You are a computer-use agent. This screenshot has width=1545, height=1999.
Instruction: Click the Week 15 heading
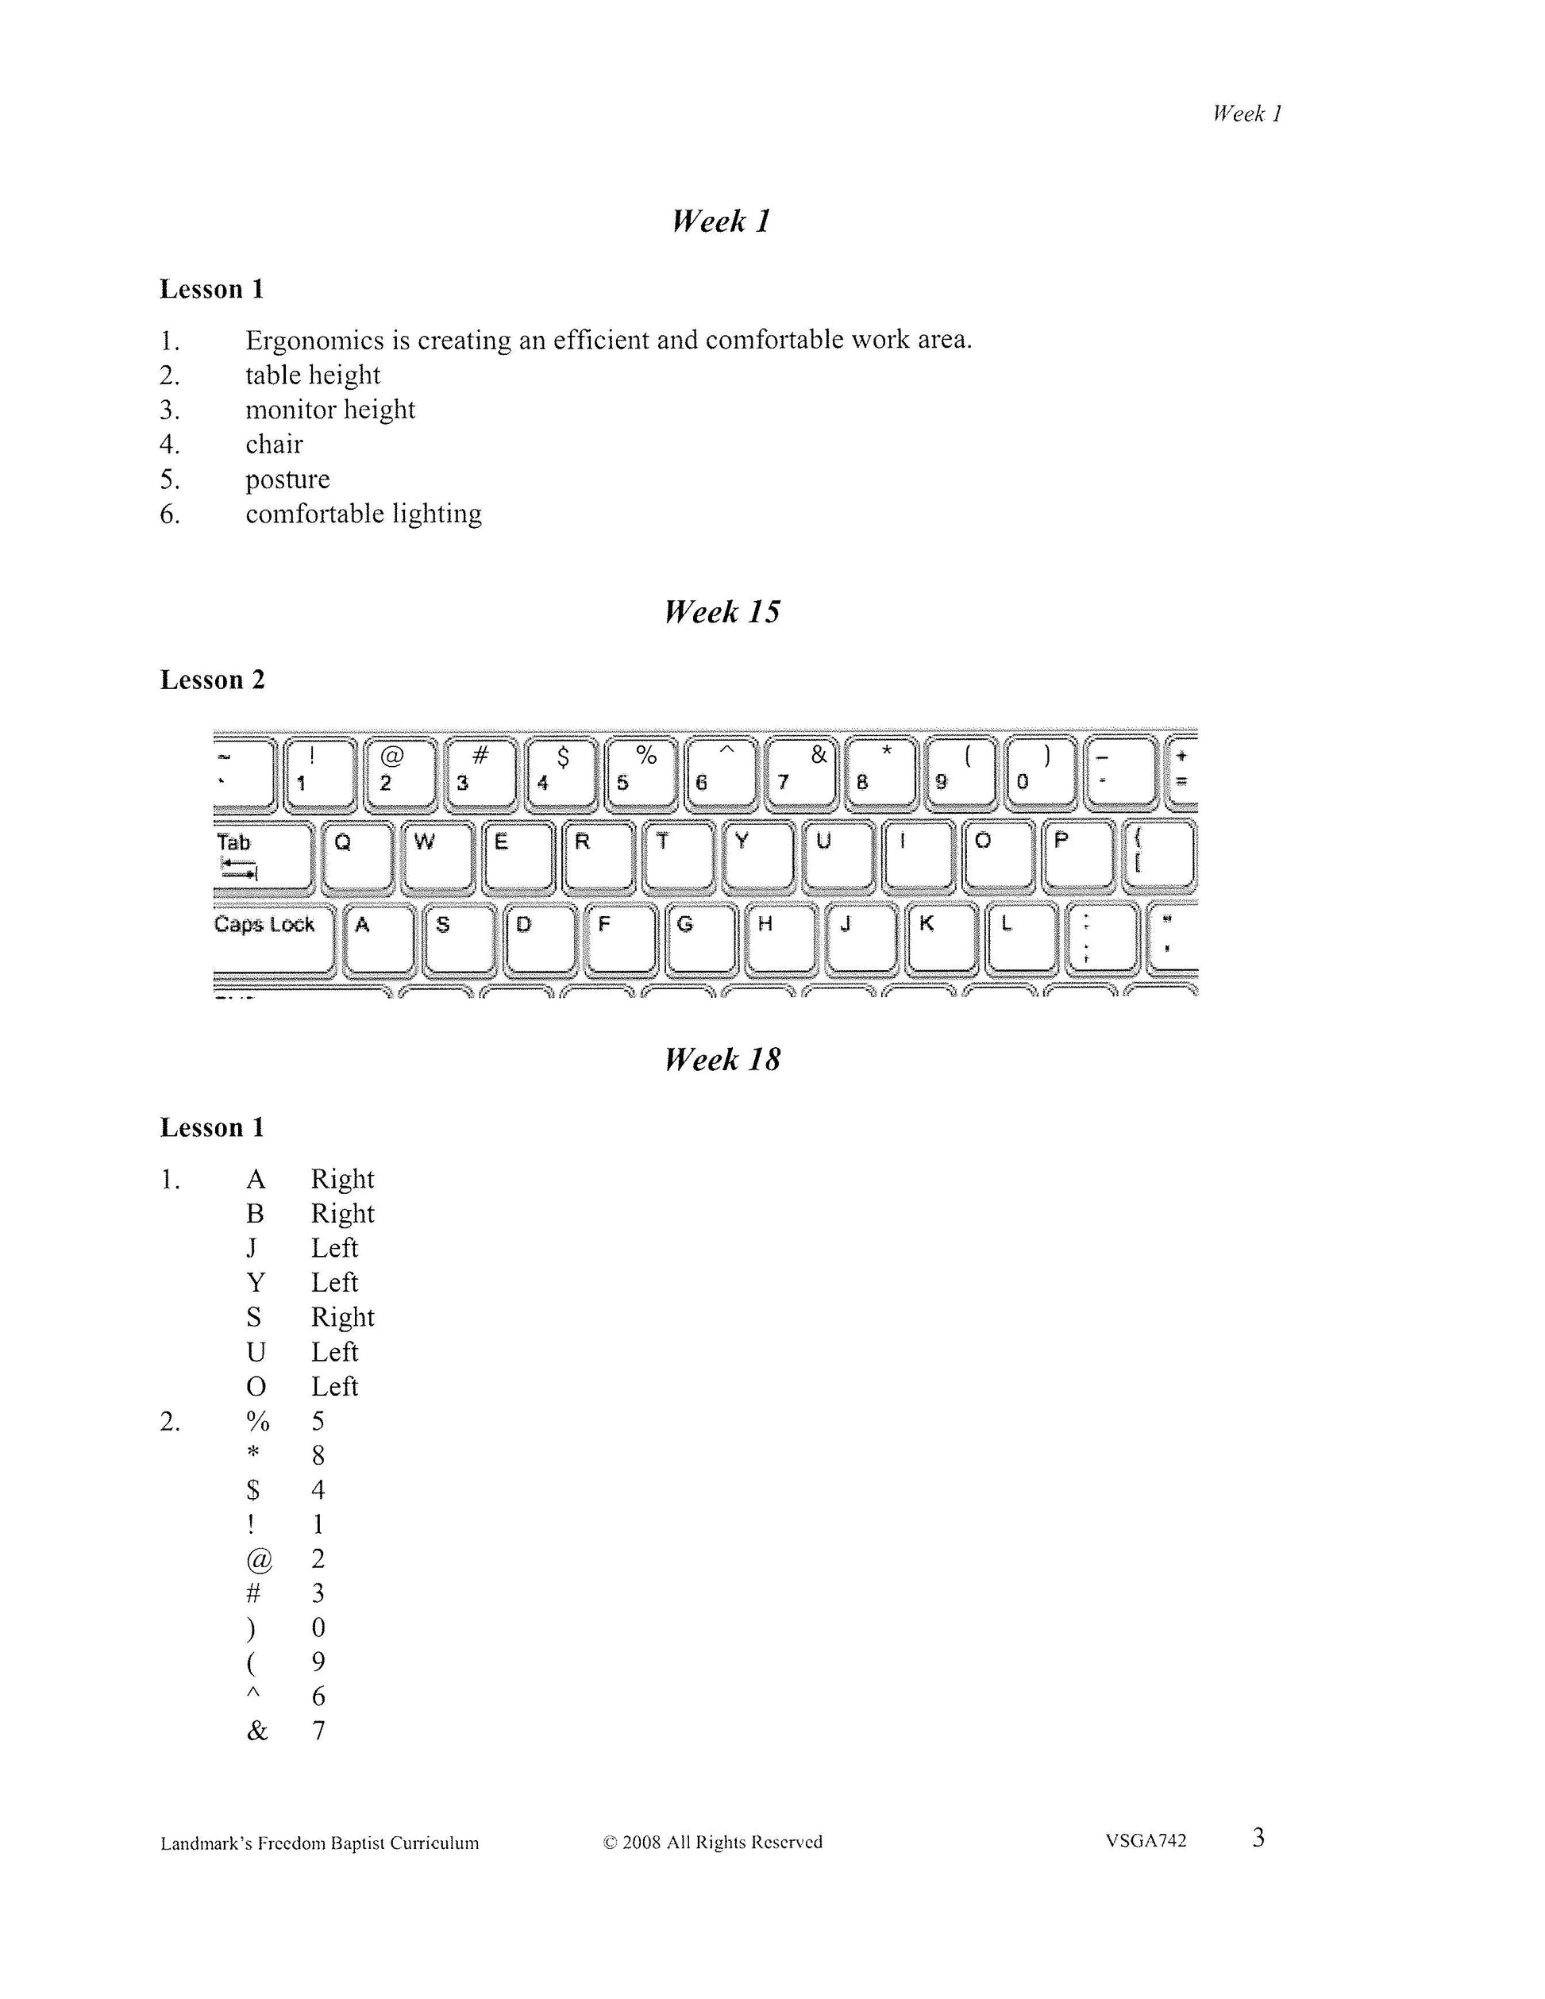(x=722, y=612)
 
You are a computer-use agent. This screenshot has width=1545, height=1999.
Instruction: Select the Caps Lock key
(x=272, y=936)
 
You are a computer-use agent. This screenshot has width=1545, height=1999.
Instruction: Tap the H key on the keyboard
(x=779, y=936)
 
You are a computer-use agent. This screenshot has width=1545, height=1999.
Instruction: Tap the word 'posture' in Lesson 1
(x=287, y=479)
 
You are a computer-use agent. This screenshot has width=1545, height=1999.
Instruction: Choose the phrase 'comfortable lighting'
(x=364, y=514)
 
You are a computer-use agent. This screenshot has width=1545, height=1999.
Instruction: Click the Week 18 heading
(x=722, y=1060)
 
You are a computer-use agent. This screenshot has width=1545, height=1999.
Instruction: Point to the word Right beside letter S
(x=342, y=1317)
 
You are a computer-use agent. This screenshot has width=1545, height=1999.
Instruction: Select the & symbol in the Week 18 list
(x=257, y=1731)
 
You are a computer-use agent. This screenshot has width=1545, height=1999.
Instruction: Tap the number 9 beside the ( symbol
(x=318, y=1662)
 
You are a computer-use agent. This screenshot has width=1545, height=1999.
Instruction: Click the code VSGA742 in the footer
(x=1145, y=1841)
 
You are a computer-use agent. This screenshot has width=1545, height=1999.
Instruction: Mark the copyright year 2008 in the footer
(x=642, y=1843)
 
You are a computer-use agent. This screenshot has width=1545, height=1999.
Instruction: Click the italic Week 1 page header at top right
(x=1246, y=114)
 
